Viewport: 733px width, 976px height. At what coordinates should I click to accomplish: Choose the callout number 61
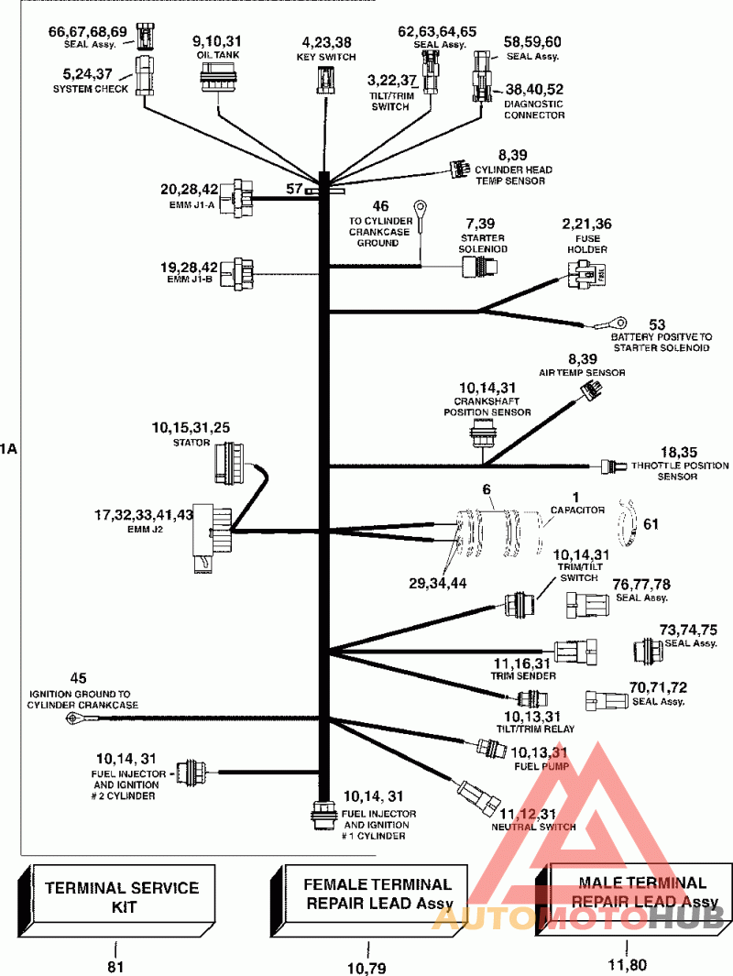[651, 524]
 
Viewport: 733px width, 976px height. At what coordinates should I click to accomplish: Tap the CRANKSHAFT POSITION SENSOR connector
[481, 432]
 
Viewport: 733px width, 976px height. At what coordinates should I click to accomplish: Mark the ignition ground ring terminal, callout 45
[71, 719]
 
